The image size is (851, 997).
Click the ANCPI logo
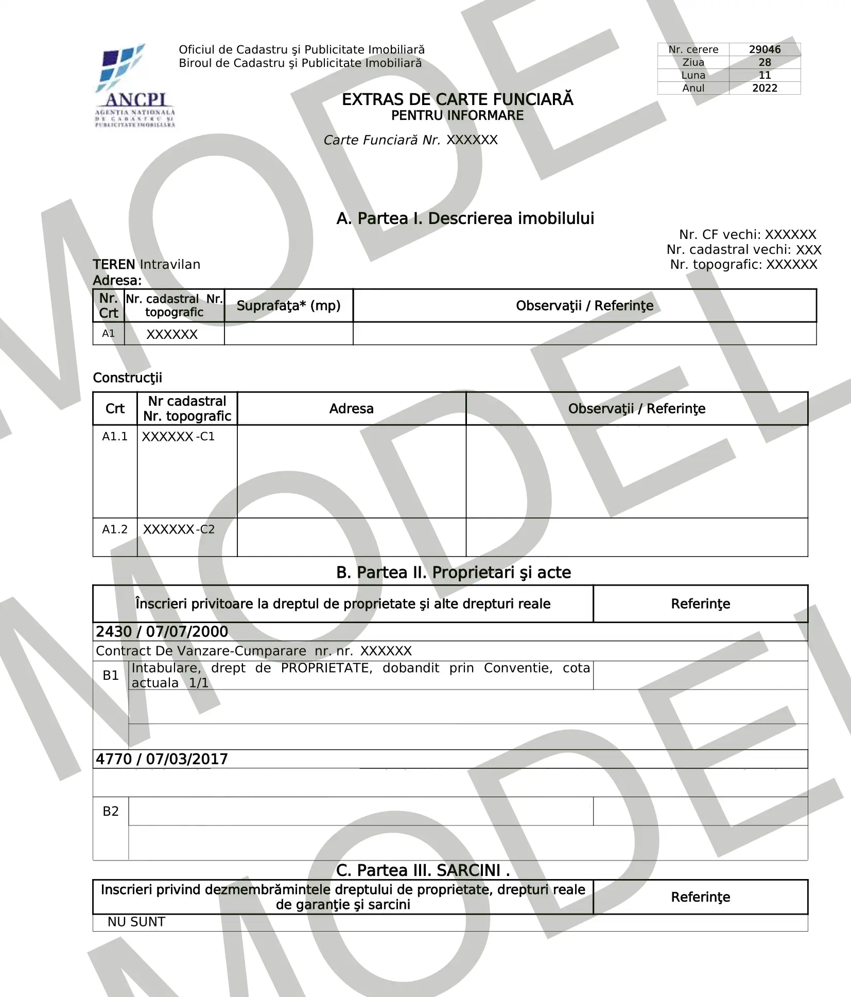(x=135, y=85)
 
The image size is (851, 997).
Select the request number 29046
(x=765, y=49)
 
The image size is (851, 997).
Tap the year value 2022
(x=765, y=88)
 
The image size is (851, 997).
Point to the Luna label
(x=693, y=75)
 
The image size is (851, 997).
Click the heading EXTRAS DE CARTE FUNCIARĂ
(x=457, y=99)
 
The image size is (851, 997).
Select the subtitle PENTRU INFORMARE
(x=457, y=116)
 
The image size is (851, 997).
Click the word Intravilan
(x=170, y=265)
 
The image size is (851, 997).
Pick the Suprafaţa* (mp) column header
(x=288, y=306)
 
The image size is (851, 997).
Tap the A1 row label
(x=108, y=334)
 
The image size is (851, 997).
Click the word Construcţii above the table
(x=127, y=378)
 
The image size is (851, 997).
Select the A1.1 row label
(x=114, y=437)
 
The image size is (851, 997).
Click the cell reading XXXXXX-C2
(x=179, y=529)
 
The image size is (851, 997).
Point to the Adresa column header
(x=351, y=409)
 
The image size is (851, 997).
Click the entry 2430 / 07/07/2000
(x=162, y=632)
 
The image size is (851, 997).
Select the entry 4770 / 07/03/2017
(x=162, y=759)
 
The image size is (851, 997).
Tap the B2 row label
(x=111, y=812)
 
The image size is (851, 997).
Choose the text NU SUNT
(x=136, y=922)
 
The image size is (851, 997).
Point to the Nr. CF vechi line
(x=747, y=235)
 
